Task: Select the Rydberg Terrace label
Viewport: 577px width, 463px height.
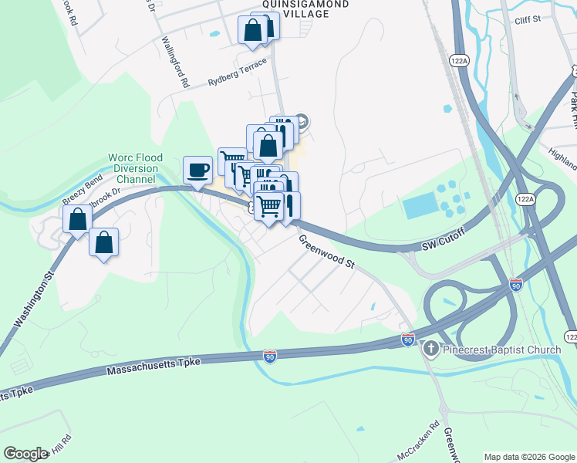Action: pyautogui.click(x=238, y=72)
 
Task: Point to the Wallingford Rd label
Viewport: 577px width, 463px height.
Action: pyautogui.click(x=174, y=60)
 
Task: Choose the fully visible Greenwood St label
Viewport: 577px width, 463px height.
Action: pyautogui.click(x=327, y=252)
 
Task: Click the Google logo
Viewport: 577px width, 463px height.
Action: pyautogui.click(x=25, y=454)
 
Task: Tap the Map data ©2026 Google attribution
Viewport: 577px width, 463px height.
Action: pyautogui.click(x=528, y=457)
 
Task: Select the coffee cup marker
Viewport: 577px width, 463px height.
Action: pyautogui.click(x=198, y=169)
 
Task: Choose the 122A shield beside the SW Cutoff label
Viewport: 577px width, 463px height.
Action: pyautogui.click(x=525, y=198)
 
